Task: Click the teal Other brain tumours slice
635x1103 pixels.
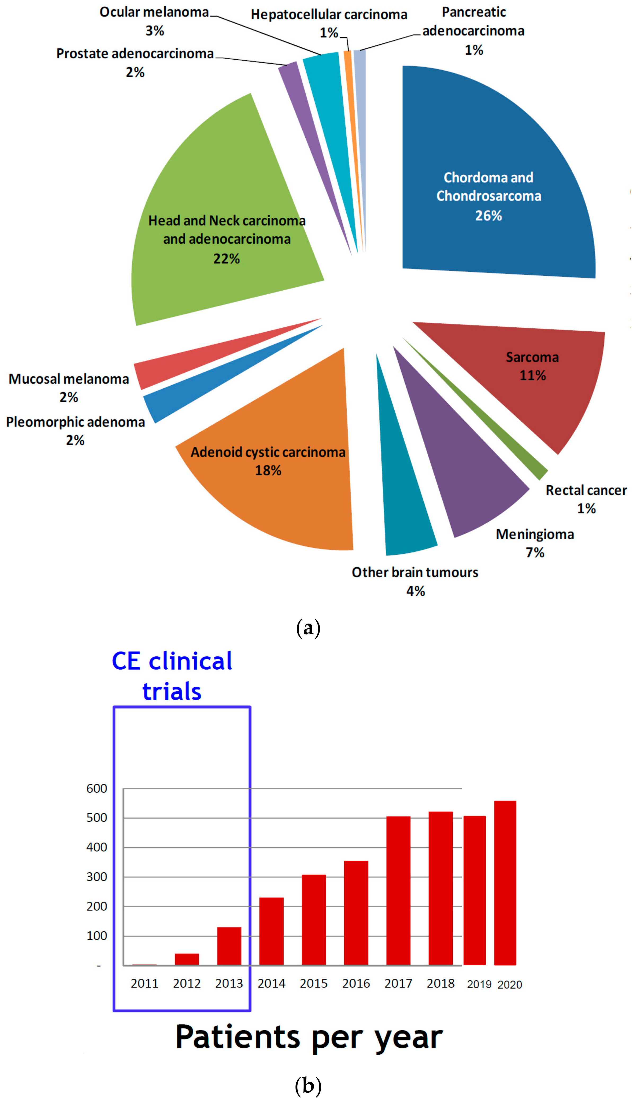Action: tap(405, 501)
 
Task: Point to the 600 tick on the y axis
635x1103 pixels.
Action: tap(97, 789)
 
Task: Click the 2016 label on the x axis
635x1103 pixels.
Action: tap(356, 984)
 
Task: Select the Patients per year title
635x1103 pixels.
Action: tap(309, 1038)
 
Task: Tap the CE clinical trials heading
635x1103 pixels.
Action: tap(172, 676)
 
